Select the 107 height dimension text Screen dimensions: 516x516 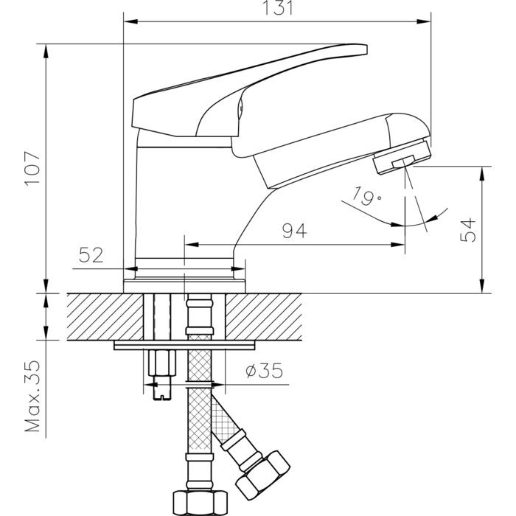[x=32, y=169]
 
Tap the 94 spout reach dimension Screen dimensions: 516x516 [x=295, y=231]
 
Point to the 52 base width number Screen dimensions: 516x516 [x=91, y=255]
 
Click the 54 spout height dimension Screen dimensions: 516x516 [x=467, y=230]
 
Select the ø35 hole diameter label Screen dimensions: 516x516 [x=264, y=371]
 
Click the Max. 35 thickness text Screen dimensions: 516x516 [x=32, y=397]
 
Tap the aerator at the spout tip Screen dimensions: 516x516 [x=402, y=157]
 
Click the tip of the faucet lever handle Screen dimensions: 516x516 [x=366, y=49]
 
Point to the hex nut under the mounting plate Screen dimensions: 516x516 [x=161, y=363]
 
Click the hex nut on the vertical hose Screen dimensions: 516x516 [x=200, y=503]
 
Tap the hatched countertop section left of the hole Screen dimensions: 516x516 [x=105, y=316]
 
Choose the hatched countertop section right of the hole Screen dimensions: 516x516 [x=263, y=316]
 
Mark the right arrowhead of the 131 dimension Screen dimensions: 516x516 [x=424, y=21]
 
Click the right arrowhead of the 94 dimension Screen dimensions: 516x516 [x=397, y=245]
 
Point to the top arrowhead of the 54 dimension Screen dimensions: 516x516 [x=482, y=173]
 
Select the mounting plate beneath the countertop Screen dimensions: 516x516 [x=184, y=345]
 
